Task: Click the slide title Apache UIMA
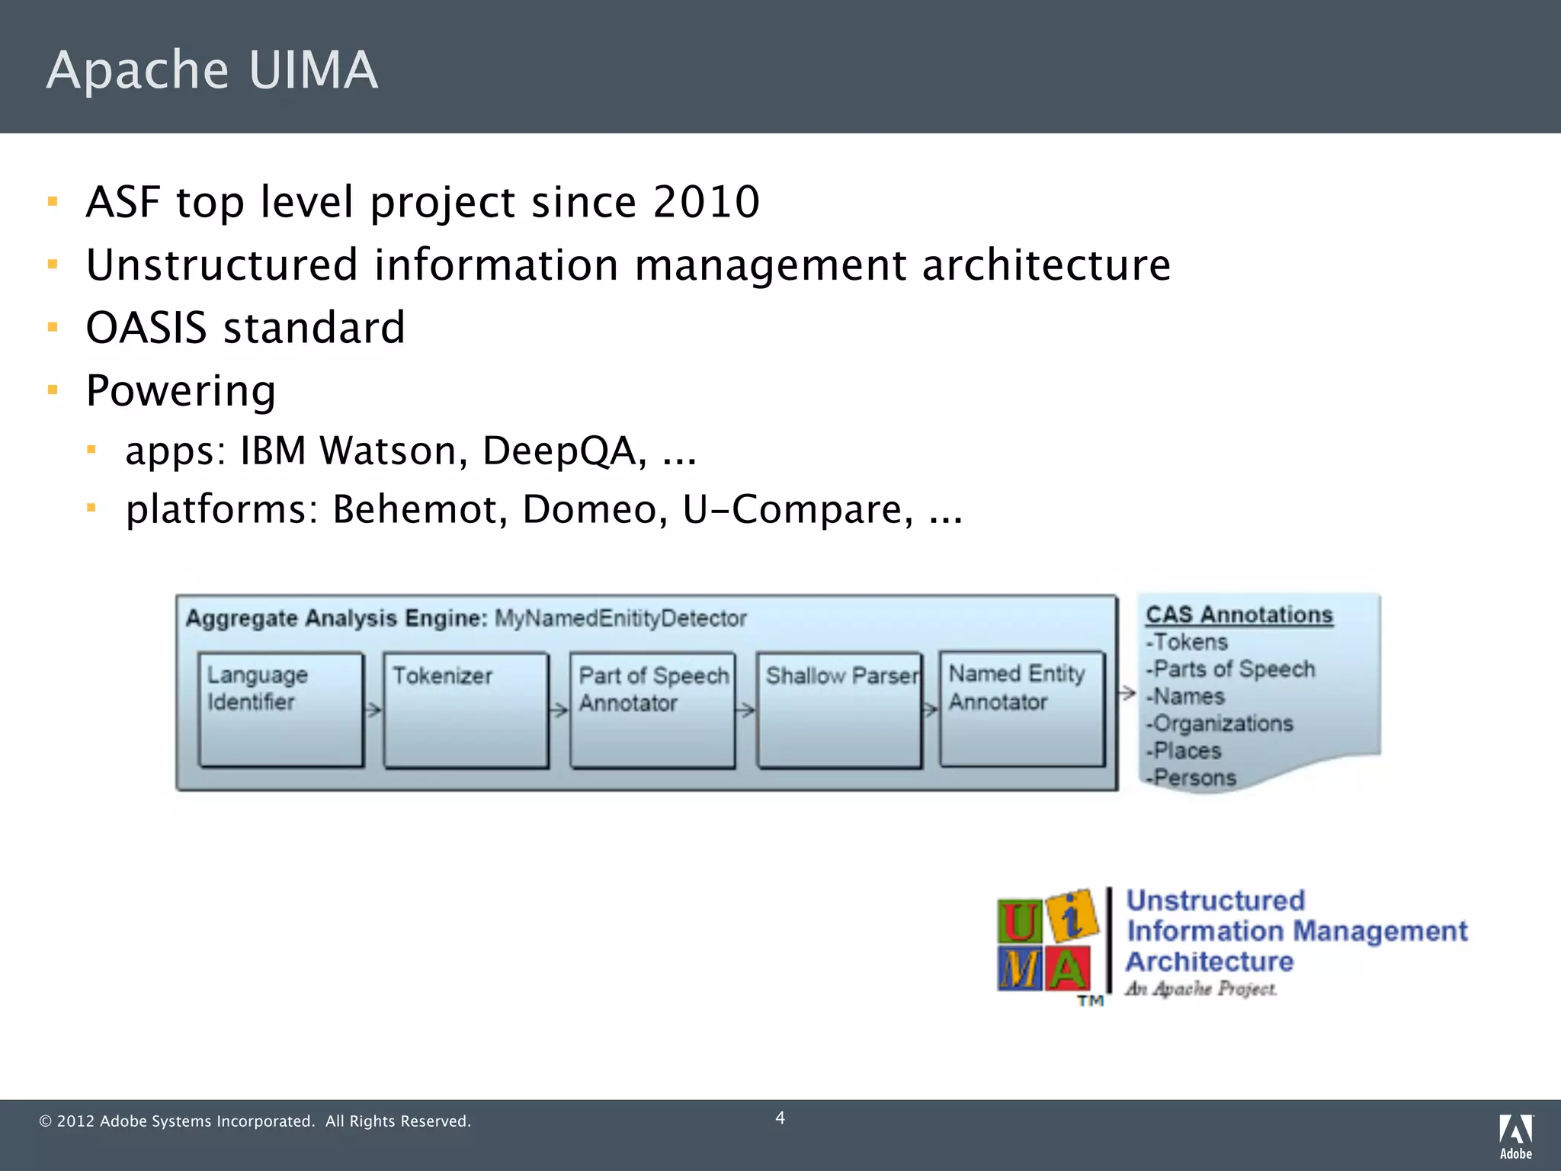[212, 70]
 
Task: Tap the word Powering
[181, 391]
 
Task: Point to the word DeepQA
[564, 451]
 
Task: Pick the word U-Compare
[797, 509]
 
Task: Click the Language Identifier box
[280, 709]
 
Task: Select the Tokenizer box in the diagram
[466, 709]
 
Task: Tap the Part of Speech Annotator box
[652, 709]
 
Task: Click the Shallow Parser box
[839, 709]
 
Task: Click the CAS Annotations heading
[1239, 614]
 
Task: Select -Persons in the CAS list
[1192, 778]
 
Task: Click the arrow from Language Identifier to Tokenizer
[373, 711]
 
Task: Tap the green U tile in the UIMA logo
[1019, 922]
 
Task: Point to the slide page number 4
[780, 1118]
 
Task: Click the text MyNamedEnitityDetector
[620, 618]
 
